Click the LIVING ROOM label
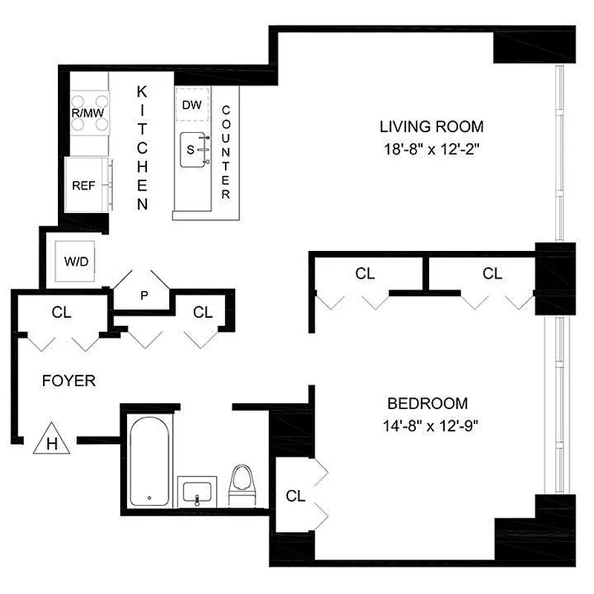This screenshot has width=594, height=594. pos(431,126)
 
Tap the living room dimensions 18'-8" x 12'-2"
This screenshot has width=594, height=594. pos(431,148)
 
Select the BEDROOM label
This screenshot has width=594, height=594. pos(428,404)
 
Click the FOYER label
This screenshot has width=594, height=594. pos(68,381)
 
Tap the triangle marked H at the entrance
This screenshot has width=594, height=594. pos(52,440)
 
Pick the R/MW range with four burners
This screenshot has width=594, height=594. pos(90,113)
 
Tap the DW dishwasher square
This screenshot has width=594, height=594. pos(192,105)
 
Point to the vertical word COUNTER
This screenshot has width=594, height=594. pos(226,152)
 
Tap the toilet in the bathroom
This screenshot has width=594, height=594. pos(241,485)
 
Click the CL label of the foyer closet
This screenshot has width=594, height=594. pos(62,313)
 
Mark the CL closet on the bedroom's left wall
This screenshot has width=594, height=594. pos(296,496)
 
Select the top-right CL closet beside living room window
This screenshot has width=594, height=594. pos(492,274)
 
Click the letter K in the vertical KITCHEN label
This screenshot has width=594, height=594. pos(143,91)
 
